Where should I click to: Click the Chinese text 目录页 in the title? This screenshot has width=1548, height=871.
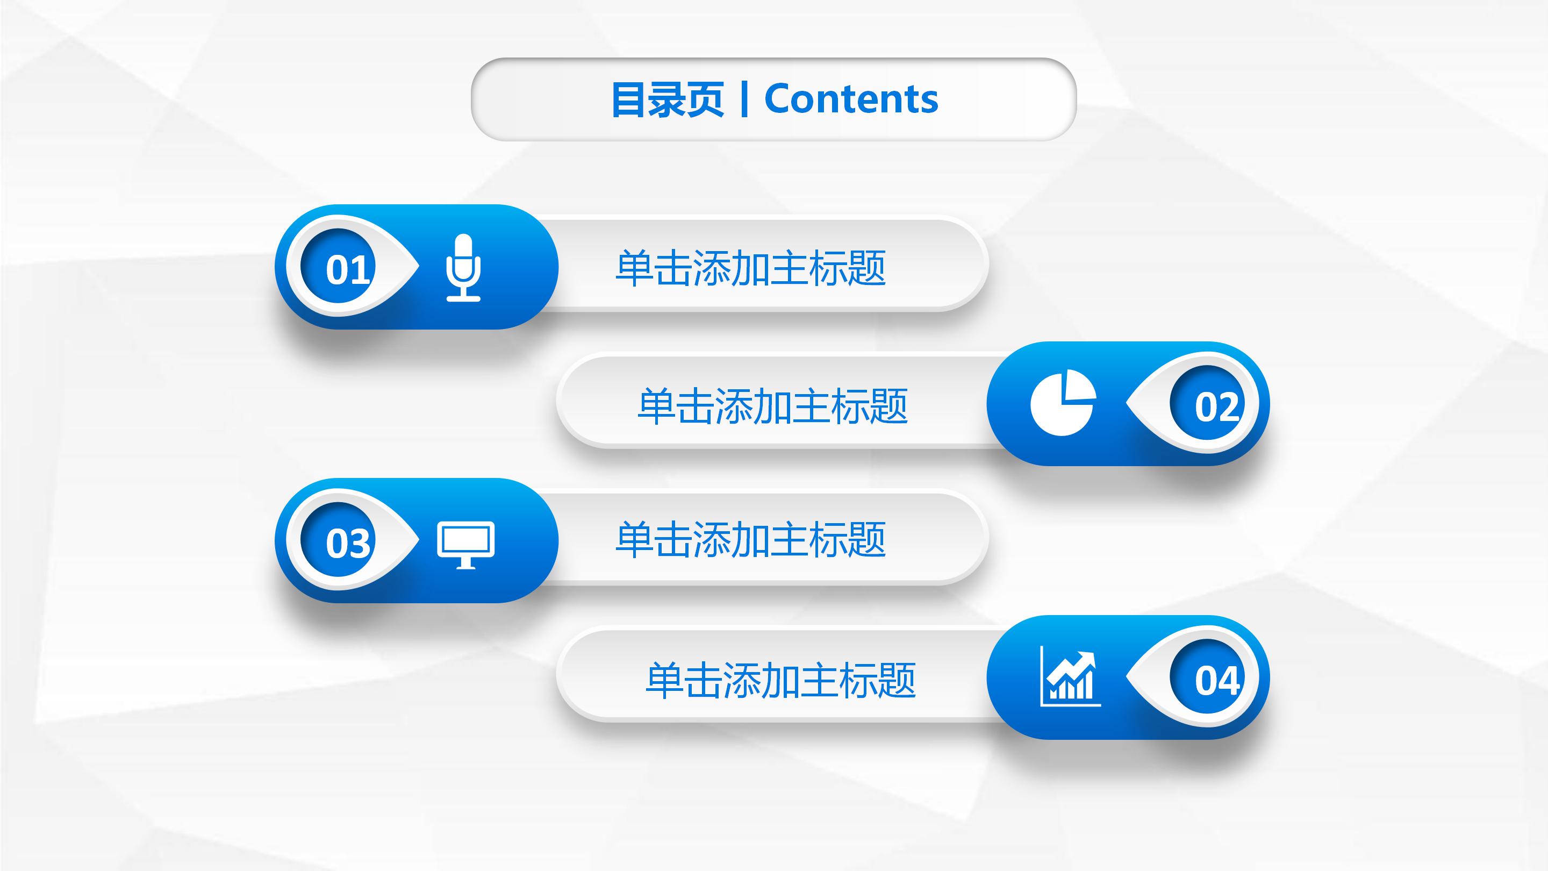pyautogui.click(x=667, y=100)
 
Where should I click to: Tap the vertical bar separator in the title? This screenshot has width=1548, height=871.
pyautogui.click(x=744, y=100)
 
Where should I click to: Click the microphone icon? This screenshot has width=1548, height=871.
pyautogui.click(x=463, y=268)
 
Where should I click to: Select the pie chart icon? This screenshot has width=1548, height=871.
pyautogui.click(x=1063, y=403)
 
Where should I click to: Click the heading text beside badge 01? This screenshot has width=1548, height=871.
pyautogui.click(x=750, y=268)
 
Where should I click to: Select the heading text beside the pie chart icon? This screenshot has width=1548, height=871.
pyautogui.click(x=772, y=406)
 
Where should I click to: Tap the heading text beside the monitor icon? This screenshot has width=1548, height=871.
pyautogui.click(x=750, y=539)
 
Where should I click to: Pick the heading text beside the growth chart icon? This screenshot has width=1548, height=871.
pyautogui.click(x=780, y=680)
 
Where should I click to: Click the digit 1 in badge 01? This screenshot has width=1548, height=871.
pyautogui.click(x=360, y=270)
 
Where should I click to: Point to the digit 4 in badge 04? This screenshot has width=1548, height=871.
pyautogui.click(x=1228, y=681)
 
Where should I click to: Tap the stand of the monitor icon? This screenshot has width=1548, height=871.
pyautogui.click(x=465, y=564)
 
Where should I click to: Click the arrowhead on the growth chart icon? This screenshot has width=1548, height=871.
pyautogui.click(x=1087, y=657)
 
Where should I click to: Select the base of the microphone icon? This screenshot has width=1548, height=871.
pyautogui.click(x=463, y=297)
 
